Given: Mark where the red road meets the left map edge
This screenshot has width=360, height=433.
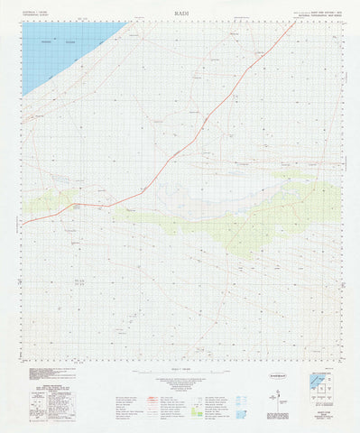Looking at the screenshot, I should point(23,222).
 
